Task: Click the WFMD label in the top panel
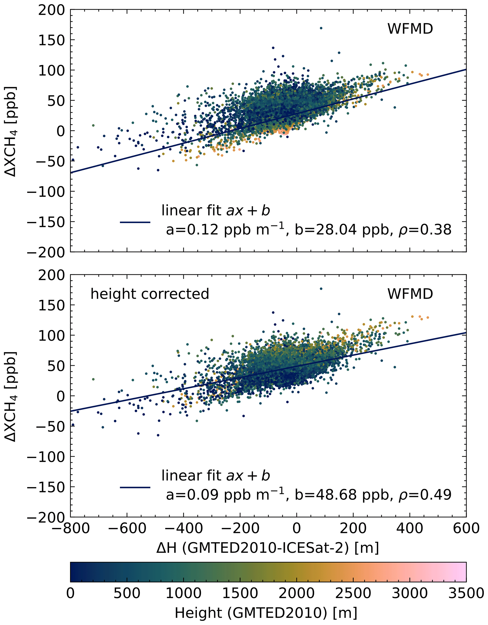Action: click(x=410, y=29)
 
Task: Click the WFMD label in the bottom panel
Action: click(x=410, y=294)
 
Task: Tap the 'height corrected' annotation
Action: click(x=150, y=294)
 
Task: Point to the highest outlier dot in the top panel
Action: click(x=321, y=28)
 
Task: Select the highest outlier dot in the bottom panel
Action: click(x=321, y=289)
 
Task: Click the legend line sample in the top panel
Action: click(x=135, y=222)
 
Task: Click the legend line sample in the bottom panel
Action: click(x=135, y=488)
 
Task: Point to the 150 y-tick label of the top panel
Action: click(x=51, y=40)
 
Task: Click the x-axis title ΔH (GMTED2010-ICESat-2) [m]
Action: click(x=268, y=548)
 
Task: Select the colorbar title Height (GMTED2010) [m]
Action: click(x=266, y=613)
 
